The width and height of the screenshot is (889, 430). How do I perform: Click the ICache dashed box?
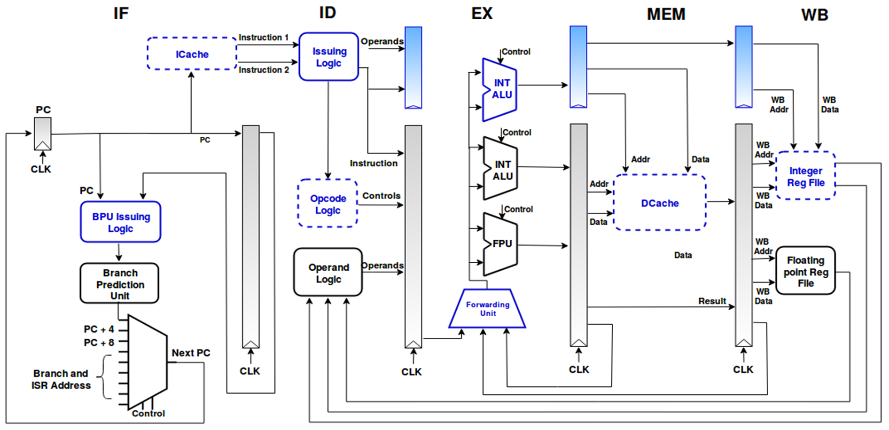192,54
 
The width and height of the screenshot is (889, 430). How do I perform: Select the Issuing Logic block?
329,57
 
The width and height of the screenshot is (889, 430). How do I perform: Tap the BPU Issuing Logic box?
121,222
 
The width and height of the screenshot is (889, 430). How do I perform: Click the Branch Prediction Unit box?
120,284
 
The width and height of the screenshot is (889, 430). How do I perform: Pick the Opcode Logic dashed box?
328,204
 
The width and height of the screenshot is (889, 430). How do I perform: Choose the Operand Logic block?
328,273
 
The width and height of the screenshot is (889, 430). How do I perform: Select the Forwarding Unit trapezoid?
487,309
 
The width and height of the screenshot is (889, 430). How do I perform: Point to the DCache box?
660,203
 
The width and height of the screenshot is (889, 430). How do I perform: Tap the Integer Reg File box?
805,176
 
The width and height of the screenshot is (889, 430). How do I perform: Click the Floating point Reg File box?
805,271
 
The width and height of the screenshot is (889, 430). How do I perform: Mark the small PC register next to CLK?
43,133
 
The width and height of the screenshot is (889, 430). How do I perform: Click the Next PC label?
191,353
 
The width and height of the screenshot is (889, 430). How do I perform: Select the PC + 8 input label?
99,343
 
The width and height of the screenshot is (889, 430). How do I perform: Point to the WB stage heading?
814,15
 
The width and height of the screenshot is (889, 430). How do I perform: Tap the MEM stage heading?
666,15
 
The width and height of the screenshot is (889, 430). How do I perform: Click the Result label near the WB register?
712,301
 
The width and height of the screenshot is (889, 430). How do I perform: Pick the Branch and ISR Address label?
61,379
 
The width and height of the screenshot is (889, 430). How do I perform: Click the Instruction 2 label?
264,70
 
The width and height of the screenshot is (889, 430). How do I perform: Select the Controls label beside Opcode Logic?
381,195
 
